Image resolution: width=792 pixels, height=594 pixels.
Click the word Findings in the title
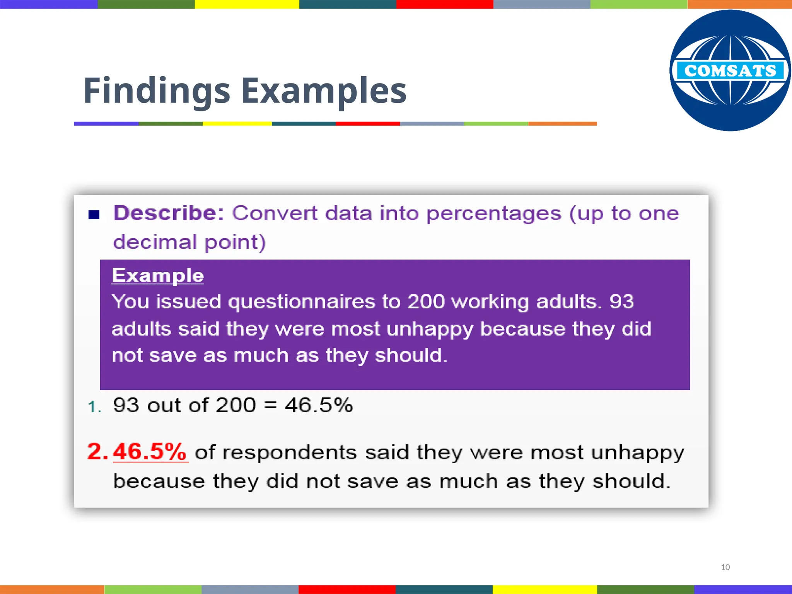tap(157, 91)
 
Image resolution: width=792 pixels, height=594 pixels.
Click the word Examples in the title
tap(324, 91)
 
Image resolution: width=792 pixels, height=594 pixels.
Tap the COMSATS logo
tap(730, 70)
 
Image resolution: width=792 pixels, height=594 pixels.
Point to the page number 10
tap(725, 567)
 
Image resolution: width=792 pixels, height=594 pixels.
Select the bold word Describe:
tap(169, 213)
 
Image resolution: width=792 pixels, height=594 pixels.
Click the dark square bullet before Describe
tap(94, 215)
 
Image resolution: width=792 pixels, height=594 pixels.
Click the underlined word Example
tap(158, 276)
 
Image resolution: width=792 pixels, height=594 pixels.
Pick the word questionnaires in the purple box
tap(302, 302)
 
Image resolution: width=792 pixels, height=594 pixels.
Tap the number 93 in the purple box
tap(621, 302)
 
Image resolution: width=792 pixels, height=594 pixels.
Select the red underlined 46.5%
tap(150, 451)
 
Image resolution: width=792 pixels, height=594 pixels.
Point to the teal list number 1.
tap(95, 407)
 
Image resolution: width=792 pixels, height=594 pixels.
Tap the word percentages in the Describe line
tap(493, 214)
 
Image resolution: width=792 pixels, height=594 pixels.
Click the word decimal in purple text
tap(155, 242)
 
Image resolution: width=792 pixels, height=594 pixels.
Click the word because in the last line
tap(159, 481)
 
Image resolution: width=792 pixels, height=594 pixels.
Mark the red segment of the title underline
tap(368, 124)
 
